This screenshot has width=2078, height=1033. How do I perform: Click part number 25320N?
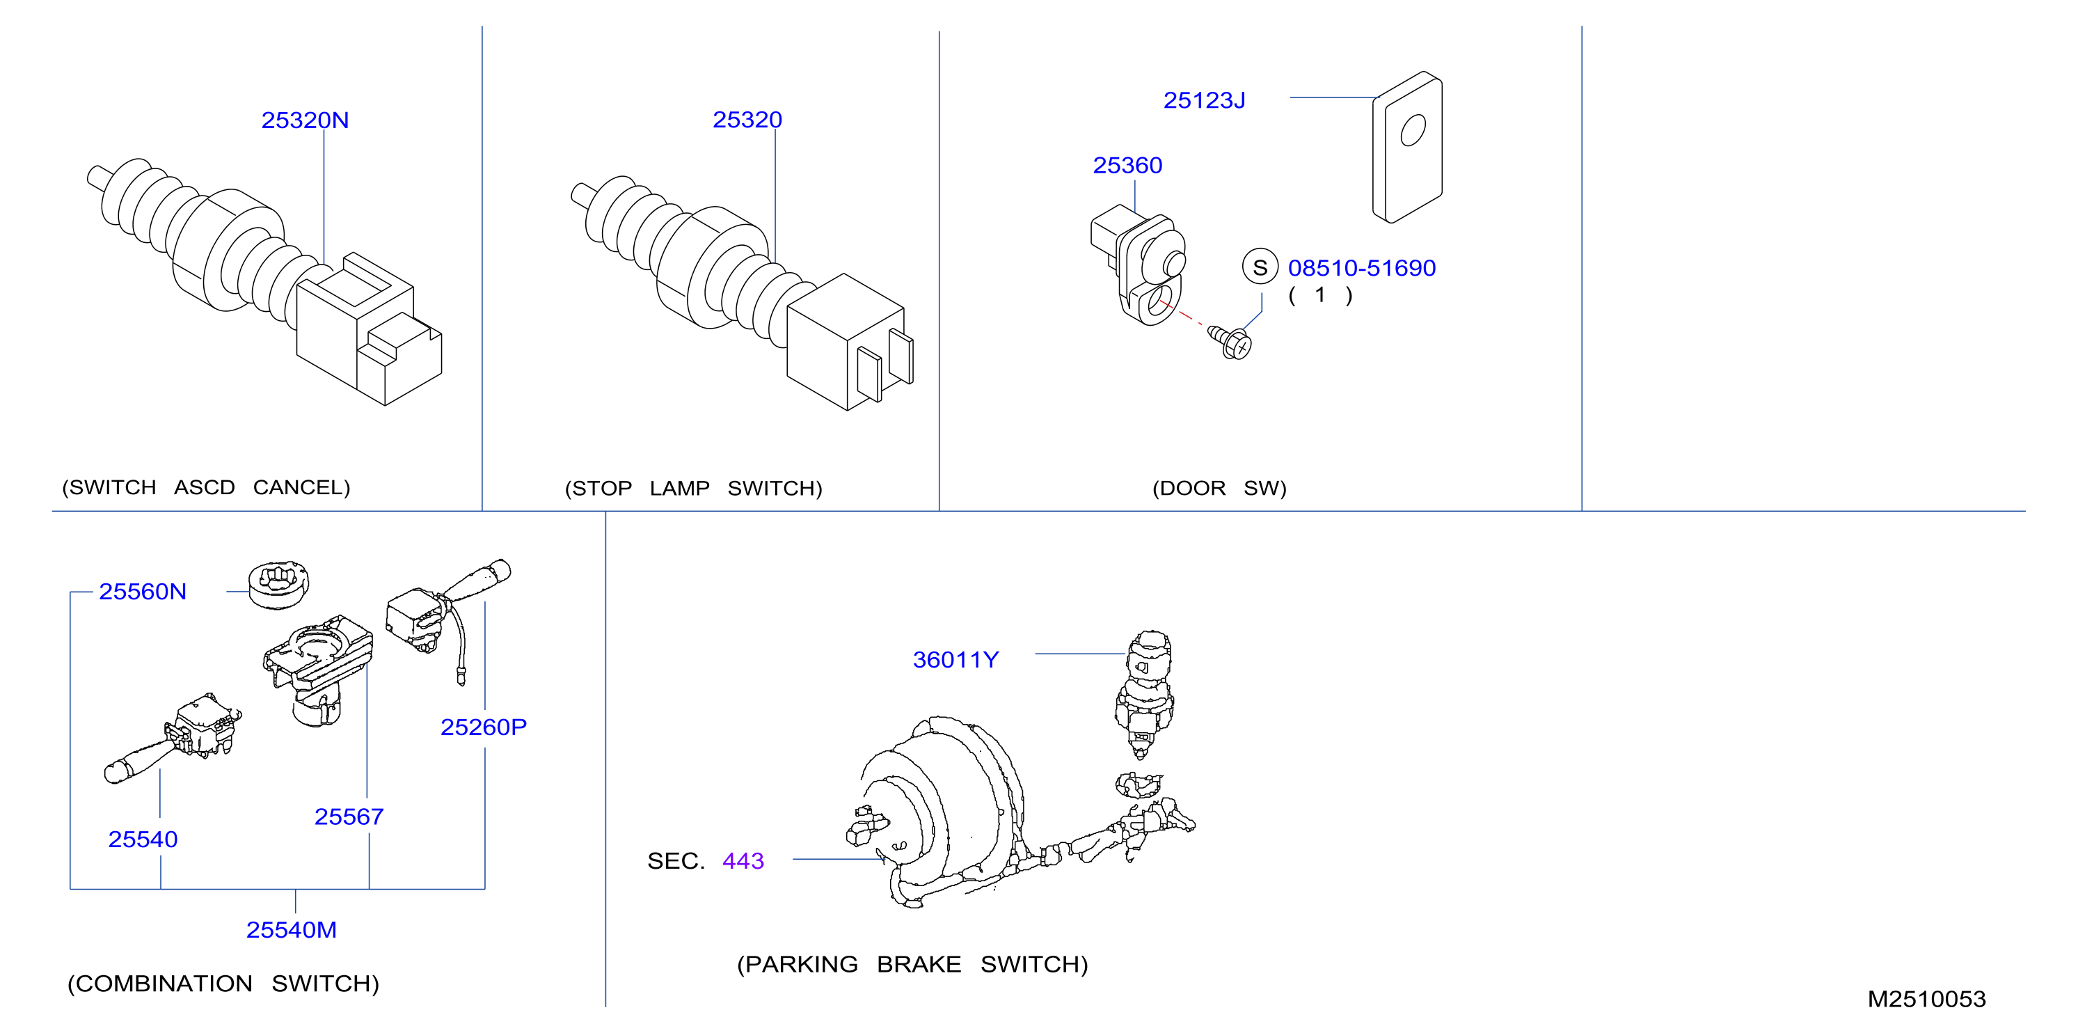pyautogui.click(x=305, y=120)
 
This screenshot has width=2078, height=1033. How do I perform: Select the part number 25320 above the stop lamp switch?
pyautogui.click(x=747, y=120)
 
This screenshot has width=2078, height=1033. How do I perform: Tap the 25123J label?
pyautogui.click(x=1205, y=100)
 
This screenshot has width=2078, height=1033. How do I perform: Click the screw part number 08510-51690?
pyautogui.click(x=1362, y=268)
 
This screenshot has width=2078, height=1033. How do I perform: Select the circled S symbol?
pyautogui.click(x=1260, y=267)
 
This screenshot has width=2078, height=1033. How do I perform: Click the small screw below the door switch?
pyautogui.click(x=1230, y=342)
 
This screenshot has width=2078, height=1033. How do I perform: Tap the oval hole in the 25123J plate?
pyautogui.click(x=1413, y=130)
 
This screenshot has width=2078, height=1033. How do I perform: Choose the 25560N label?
pyautogui.click(x=143, y=592)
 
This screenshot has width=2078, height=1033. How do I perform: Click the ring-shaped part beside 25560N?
pyautogui.click(x=278, y=585)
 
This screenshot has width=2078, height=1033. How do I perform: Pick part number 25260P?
pyautogui.click(x=483, y=727)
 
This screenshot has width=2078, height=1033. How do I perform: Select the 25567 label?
pyautogui.click(x=349, y=817)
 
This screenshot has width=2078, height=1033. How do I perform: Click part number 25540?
pyautogui.click(x=143, y=839)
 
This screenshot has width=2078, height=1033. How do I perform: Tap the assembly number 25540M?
pyautogui.click(x=291, y=930)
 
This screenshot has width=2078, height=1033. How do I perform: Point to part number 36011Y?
pyautogui.click(x=956, y=660)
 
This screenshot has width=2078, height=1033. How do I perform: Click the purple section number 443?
pyautogui.click(x=743, y=861)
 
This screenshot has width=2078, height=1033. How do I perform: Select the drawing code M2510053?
pyautogui.click(x=1926, y=999)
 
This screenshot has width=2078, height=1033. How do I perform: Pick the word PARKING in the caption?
pyautogui.click(x=801, y=964)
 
